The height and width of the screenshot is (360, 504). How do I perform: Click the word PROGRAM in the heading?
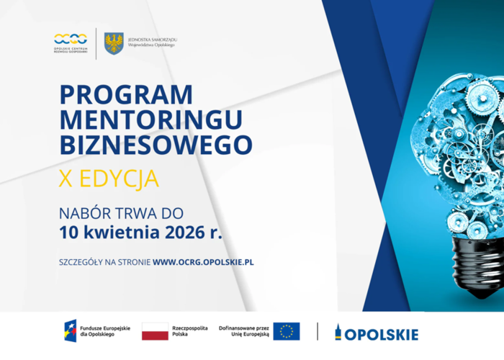pyautogui.click(x=126, y=95)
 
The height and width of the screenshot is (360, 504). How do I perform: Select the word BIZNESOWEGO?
pyautogui.click(x=156, y=144)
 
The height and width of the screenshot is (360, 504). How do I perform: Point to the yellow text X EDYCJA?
pyautogui.click(x=109, y=178)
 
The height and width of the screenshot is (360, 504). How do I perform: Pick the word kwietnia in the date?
pyautogui.click(x=117, y=233)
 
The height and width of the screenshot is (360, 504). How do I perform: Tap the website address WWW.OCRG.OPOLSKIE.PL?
pyautogui.click(x=203, y=262)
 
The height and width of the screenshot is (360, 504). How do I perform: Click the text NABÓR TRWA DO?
pyautogui.click(x=121, y=214)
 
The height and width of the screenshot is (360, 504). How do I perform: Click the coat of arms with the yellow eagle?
pyautogui.click(x=113, y=43)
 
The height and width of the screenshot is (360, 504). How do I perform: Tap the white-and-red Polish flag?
pyautogui.click(x=155, y=332)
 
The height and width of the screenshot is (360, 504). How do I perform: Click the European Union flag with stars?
pyautogui.click(x=287, y=332)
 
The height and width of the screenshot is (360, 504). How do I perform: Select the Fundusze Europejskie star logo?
pyautogui.click(x=71, y=332)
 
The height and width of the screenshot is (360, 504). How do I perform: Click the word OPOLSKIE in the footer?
pyautogui.click(x=382, y=334)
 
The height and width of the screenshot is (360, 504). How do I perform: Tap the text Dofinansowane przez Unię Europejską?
pyautogui.click(x=244, y=332)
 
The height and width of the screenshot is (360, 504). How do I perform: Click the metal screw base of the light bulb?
pyautogui.click(x=475, y=266)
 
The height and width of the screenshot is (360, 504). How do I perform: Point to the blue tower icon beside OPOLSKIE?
pyautogui.click(x=338, y=333)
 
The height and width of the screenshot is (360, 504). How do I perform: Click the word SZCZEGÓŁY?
pyautogui.click(x=81, y=262)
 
